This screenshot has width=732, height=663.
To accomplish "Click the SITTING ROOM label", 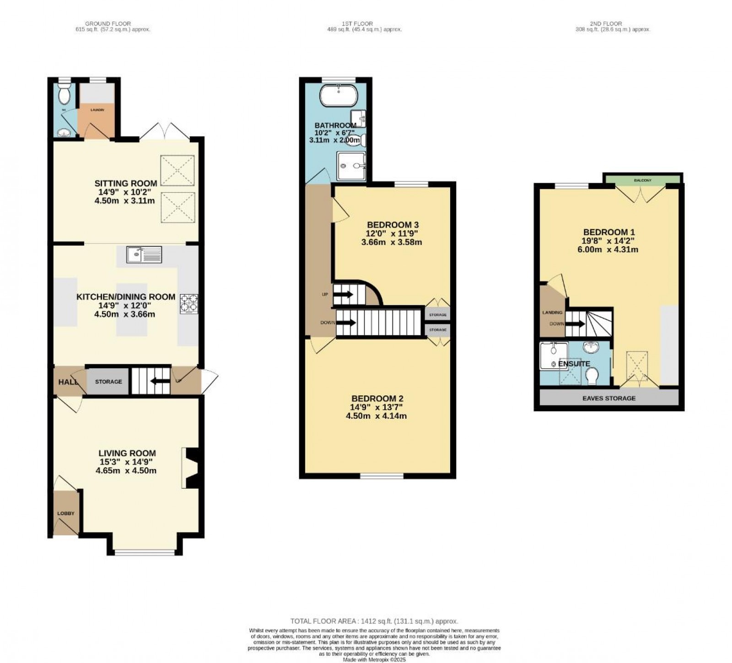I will point(126,183).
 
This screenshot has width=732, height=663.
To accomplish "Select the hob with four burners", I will point(188,303).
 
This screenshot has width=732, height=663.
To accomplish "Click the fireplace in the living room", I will point(190,468).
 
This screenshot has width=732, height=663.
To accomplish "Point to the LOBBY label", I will point(65,513).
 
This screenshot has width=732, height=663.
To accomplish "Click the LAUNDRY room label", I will point(97,110).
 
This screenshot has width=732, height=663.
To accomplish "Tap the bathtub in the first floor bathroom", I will point(338,95).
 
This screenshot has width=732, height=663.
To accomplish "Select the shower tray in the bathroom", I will point(351,166).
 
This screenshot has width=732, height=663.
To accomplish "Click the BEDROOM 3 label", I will point(393,225).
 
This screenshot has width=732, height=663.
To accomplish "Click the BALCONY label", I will point(642,181).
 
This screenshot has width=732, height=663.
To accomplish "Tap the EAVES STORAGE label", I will point(609,398).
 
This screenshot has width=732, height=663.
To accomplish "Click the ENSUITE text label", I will point(574,364).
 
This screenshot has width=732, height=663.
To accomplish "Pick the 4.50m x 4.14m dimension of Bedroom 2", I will point(377,416).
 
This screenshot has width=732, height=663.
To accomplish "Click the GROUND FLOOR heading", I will point(108,24).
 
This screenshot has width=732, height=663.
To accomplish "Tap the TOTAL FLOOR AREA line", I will point(374,621).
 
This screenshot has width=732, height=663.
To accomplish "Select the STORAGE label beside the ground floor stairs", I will point(108,382).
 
